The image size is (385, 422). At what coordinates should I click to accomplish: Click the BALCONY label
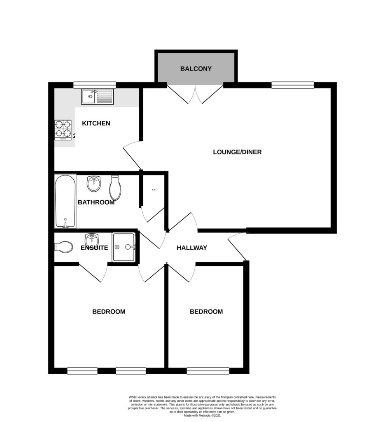click(196, 68)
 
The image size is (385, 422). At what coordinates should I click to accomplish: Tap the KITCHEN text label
click(96, 123)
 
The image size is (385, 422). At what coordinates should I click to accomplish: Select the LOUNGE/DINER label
click(237, 152)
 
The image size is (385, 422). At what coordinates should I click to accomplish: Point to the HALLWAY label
click(191, 248)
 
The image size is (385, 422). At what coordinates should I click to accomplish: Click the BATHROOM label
click(96, 202)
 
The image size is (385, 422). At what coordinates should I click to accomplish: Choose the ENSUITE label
click(94, 248)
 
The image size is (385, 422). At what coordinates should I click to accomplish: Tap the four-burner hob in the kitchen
click(63, 130)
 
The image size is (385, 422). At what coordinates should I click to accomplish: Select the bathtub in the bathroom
click(65, 201)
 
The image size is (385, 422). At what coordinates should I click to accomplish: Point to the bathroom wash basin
click(94, 184)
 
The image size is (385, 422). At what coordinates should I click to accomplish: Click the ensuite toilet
click(63, 246)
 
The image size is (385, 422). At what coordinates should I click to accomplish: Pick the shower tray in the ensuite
click(124, 247)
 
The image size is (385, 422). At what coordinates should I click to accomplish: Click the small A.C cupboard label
click(154, 190)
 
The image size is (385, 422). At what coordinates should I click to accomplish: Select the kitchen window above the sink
click(94, 85)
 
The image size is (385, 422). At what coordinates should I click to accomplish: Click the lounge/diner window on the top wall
click(292, 85)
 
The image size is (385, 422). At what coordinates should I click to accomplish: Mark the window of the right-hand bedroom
click(208, 370)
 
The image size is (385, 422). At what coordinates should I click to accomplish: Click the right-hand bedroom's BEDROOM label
click(206, 312)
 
